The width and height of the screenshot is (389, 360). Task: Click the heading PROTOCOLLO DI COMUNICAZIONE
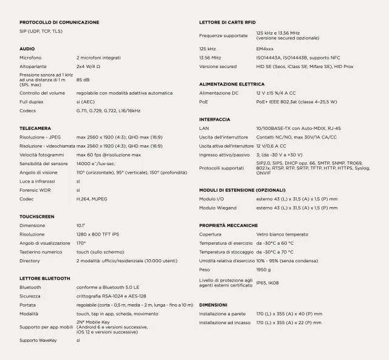pyautogui.click(x=59, y=22)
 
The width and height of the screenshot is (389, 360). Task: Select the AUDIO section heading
pyautogui.click(x=27, y=49)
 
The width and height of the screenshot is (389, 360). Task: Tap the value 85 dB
pyautogui.click(x=83, y=80)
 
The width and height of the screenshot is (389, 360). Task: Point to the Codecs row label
pyautogui.click(x=28, y=110)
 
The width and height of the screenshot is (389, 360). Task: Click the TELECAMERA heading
pyautogui.click(x=35, y=129)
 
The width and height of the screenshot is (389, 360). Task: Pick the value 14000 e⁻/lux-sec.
pyautogui.click(x=95, y=163)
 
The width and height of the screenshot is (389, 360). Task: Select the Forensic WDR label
pyautogui.click(x=34, y=189)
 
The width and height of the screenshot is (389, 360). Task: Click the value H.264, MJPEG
pyautogui.click(x=92, y=199)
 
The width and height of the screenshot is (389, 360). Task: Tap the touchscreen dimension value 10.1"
pyautogui.click(x=81, y=225)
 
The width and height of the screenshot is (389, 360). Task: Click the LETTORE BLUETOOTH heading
pyautogui.click(x=45, y=277)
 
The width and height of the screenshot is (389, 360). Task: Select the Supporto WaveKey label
pyautogui.click(x=37, y=341)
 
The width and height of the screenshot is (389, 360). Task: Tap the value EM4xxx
pyautogui.click(x=265, y=49)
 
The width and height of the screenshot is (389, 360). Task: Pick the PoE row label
pyautogui.click(x=204, y=101)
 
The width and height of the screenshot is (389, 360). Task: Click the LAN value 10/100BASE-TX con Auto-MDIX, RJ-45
pyautogui.click(x=298, y=128)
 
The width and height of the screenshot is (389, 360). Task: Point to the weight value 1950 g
pyautogui.click(x=264, y=269)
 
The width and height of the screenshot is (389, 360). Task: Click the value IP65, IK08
pyautogui.click(x=268, y=282)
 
